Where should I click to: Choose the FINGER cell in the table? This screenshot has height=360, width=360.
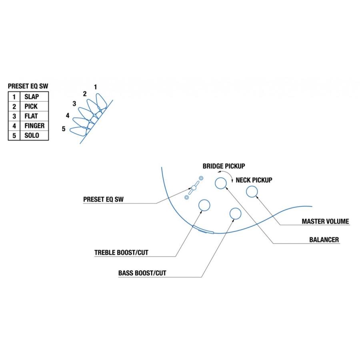coord(34,126)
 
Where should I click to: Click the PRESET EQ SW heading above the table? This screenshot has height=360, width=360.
coord(28,86)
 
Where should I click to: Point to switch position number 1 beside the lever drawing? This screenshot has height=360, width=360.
coord(95,87)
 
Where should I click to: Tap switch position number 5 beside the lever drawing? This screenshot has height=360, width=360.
coord(64,129)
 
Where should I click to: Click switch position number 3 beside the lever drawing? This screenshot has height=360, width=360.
coord(74,104)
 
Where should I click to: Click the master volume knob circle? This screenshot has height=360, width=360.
coord(252,186)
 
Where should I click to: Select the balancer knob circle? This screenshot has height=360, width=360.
coord(221,178)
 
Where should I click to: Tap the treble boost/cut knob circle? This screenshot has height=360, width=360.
coord(204,200)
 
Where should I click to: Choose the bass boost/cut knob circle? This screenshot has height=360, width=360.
coord(235,208)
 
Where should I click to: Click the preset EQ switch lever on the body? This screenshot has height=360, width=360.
coord(194,188)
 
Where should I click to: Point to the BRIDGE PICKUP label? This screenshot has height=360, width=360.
coord(224,166)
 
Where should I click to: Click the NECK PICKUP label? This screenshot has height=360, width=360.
coord(254,180)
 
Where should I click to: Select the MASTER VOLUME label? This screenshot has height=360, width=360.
coord(325,221)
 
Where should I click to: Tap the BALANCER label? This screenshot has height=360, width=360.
coord(324,240)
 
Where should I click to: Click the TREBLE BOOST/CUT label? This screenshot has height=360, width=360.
coord(121,252)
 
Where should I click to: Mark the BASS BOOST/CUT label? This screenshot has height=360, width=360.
coord(142,273)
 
